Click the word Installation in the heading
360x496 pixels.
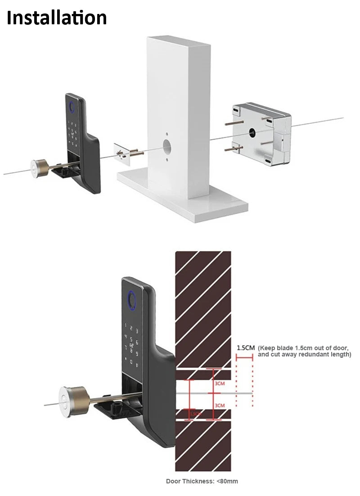coord(57,18)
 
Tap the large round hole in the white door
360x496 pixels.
coord(167,147)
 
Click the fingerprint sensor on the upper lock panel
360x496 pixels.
coord(71,108)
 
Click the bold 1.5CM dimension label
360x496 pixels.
coord(246,348)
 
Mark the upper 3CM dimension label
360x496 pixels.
coord(220,383)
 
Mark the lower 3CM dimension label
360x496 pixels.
coord(220,406)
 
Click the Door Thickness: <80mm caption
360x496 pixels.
coord(202,481)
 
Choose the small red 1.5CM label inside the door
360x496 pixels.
coord(195,413)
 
